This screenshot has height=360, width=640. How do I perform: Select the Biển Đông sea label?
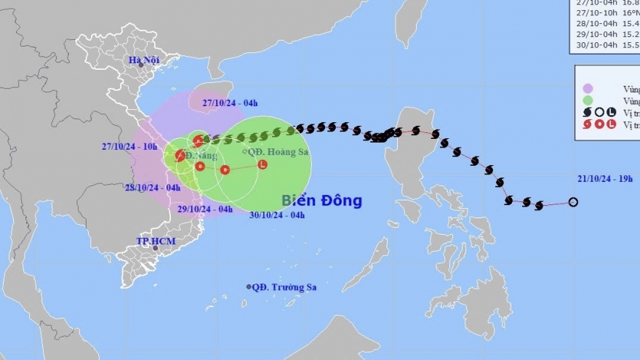tap(321, 201)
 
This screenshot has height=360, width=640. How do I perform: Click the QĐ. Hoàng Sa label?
tap(273, 151)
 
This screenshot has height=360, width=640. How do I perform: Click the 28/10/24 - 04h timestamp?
tap(153, 187)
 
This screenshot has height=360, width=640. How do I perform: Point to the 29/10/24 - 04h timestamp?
tap(206, 209)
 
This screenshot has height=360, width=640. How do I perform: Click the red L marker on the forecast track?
tap(262, 164)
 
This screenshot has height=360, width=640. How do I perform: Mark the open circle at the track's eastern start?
tap(573, 202)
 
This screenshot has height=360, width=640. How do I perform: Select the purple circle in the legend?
tap(588, 88)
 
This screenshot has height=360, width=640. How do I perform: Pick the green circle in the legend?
tap(588, 100)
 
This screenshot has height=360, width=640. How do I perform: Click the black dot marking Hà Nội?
tap(141, 65)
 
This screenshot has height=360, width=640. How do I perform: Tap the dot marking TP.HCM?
tap(155, 248)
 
